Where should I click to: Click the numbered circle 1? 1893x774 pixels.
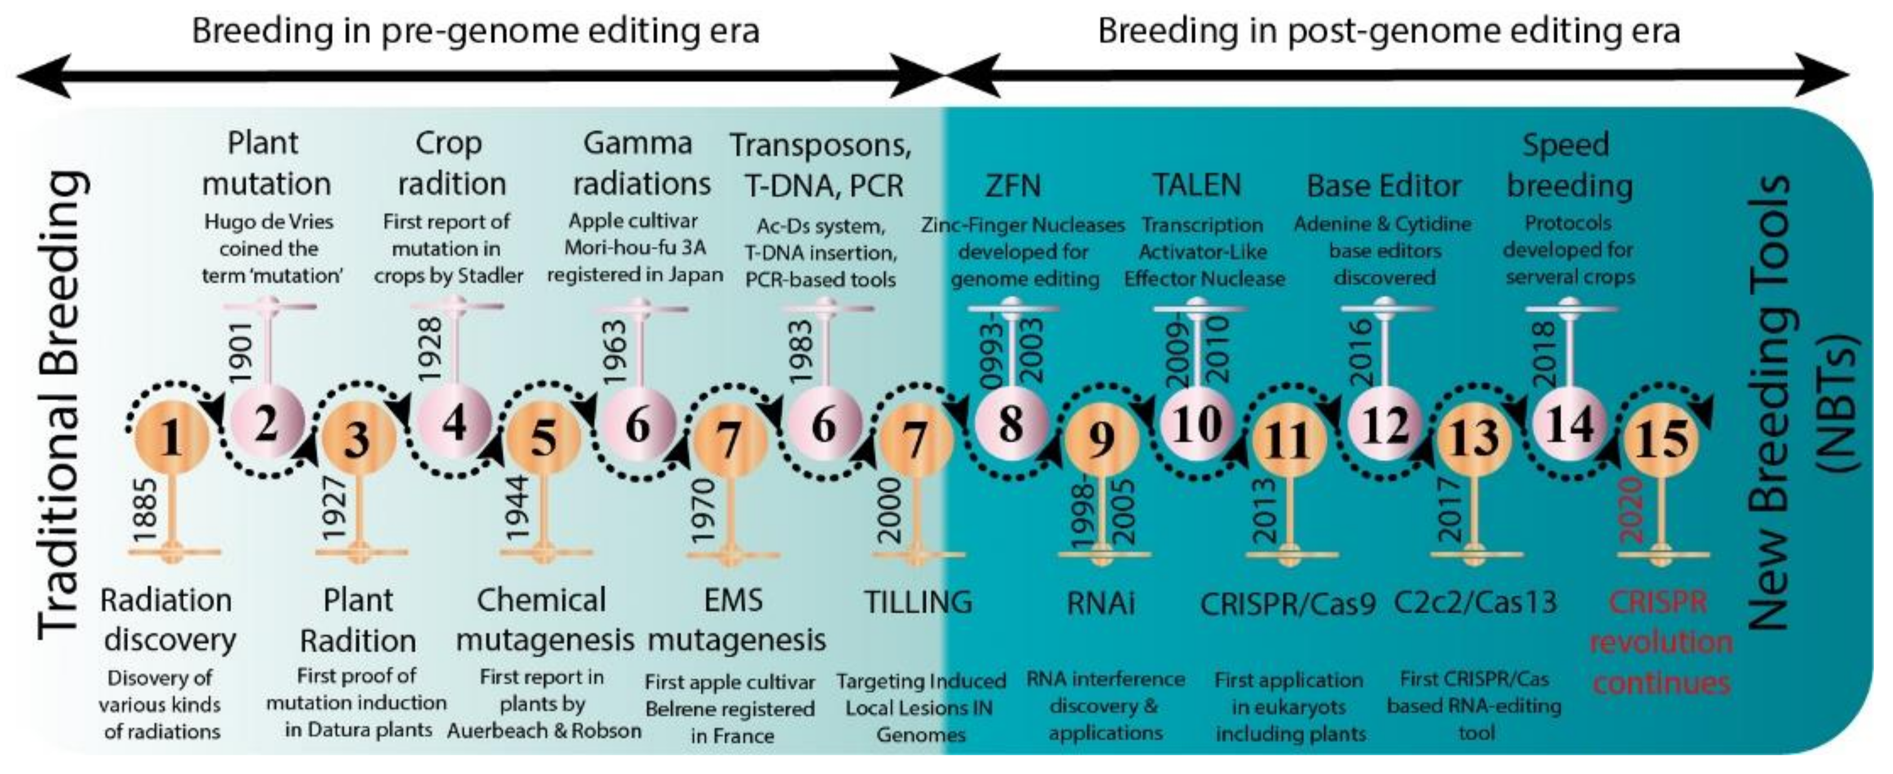(172, 439)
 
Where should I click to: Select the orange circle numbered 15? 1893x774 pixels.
(1661, 439)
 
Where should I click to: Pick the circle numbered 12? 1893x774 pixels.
(1384, 424)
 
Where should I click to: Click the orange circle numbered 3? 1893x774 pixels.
(358, 439)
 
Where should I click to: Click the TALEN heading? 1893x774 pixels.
(1196, 184)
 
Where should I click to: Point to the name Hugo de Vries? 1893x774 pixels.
(269, 221)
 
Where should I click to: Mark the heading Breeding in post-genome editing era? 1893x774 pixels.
(1388, 32)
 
